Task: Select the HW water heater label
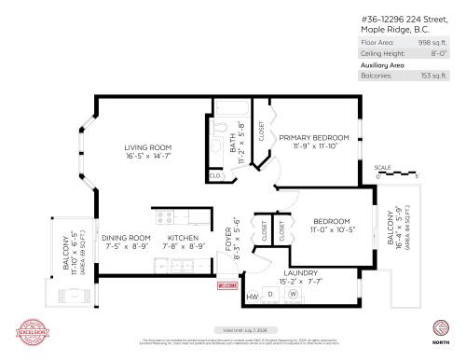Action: [252, 297]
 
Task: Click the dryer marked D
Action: [270, 296]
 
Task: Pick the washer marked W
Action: [292, 295]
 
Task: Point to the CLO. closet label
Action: [214, 175]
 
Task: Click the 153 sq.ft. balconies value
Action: [434, 76]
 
